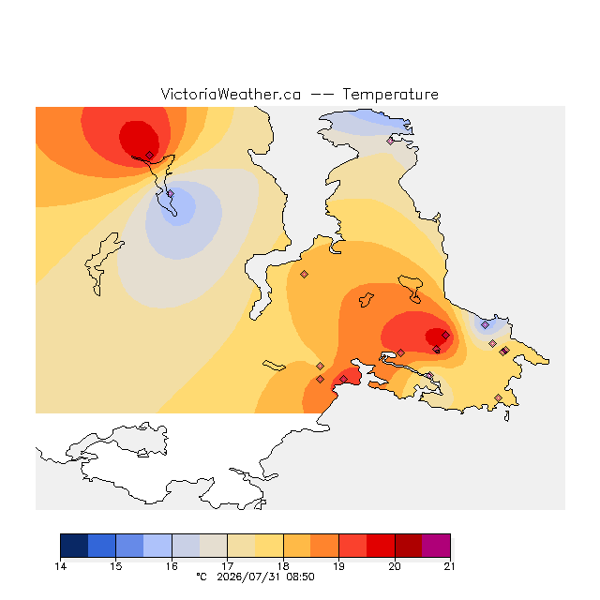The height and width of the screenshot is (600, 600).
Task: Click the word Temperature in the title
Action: pyautogui.click(x=390, y=94)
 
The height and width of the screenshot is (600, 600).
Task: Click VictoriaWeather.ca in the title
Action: pyautogui.click(x=231, y=94)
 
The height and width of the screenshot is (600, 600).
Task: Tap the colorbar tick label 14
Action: pyautogui.click(x=60, y=566)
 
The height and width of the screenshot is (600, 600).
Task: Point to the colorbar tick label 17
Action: pyautogui.click(x=227, y=566)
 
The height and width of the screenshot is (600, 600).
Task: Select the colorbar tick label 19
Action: pyautogui.click(x=338, y=566)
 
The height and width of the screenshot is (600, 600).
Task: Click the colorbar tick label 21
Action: pyautogui.click(x=450, y=566)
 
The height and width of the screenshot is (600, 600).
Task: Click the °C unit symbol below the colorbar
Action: pyautogui.click(x=202, y=577)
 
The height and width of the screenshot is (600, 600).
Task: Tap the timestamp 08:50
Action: pyautogui.click(x=300, y=577)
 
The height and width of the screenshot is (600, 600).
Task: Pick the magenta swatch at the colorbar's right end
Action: pyautogui.click(x=436, y=546)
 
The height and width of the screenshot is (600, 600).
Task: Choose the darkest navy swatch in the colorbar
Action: pyautogui.click(x=74, y=546)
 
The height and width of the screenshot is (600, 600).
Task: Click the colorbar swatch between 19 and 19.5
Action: pyautogui.click(x=352, y=546)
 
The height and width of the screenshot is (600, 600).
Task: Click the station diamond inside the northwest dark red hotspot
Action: pyautogui.click(x=150, y=155)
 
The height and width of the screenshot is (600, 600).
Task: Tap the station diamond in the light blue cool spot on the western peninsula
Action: pyautogui.click(x=171, y=194)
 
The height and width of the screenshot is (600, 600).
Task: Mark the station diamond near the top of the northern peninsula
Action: pyautogui.click(x=390, y=141)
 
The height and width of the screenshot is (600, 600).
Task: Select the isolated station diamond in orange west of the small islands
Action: pyautogui.click(x=304, y=274)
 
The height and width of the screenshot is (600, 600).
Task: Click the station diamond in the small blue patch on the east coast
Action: pyautogui.click(x=486, y=325)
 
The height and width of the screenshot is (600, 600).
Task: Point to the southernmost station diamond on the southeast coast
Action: pyautogui.click(x=498, y=397)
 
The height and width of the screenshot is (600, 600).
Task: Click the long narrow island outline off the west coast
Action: pyautogui.click(x=100, y=264)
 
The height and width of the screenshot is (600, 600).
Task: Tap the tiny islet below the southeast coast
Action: pyautogui.click(x=507, y=416)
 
